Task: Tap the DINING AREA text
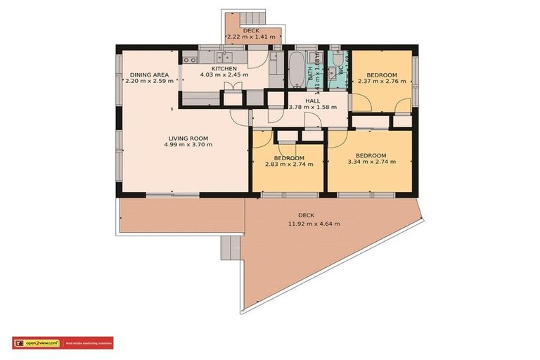(148, 74)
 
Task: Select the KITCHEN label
(224, 68)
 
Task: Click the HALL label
(313, 101)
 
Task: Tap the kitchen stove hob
(190, 60)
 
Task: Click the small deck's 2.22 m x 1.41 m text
(251, 38)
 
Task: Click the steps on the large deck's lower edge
(231, 247)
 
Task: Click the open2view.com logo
(36, 343)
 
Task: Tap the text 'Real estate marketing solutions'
(89, 343)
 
